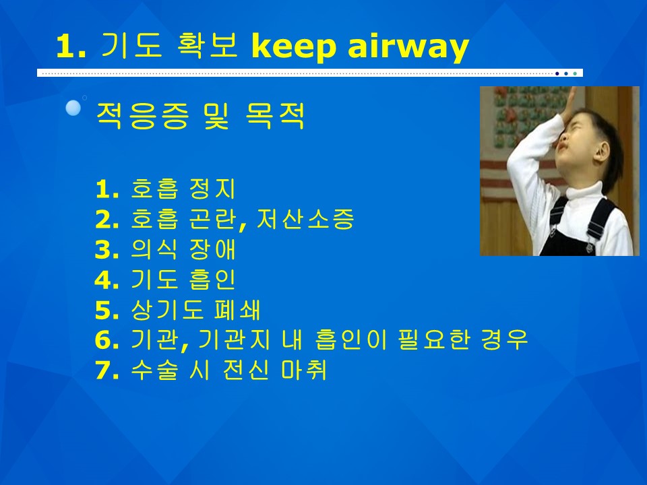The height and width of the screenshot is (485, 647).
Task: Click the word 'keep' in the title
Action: tap(293, 46)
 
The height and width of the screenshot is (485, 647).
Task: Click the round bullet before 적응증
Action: tap(73, 108)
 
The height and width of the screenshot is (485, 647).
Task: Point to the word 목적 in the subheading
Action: tap(275, 116)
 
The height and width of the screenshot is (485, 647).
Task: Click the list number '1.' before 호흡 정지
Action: tap(107, 189)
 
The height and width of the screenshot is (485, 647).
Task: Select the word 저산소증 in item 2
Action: tap(305, 218)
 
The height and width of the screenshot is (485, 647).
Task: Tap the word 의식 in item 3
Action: tap(154, 249)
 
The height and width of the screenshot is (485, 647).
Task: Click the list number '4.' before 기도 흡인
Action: tap(107, 280)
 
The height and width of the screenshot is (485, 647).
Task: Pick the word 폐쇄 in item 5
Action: tap(237, 309)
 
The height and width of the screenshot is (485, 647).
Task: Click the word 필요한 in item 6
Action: tap(435, 339)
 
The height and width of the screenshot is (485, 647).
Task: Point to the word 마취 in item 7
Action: tap(304, 369)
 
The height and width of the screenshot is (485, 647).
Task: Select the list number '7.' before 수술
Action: tap(107, 370)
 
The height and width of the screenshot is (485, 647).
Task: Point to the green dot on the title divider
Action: tap(575, 73)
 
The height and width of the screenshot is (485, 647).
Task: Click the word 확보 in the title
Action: tap(207, 44)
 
